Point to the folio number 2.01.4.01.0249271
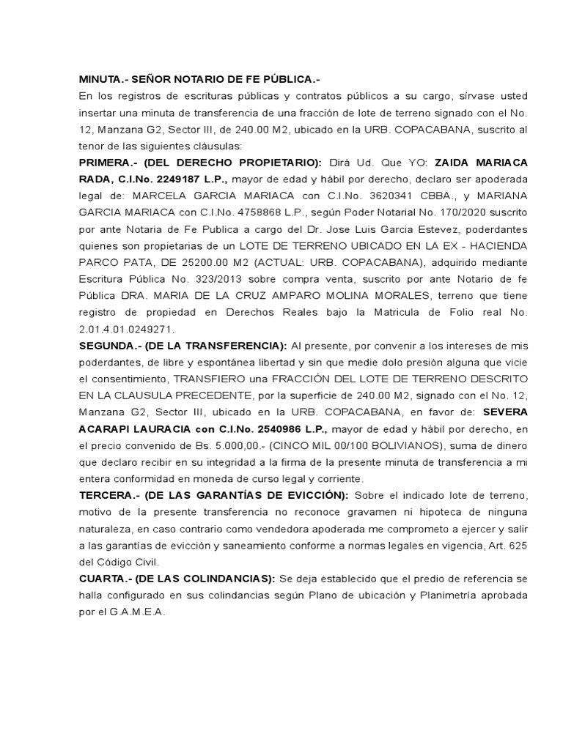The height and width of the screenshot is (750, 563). tap(127, 329)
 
